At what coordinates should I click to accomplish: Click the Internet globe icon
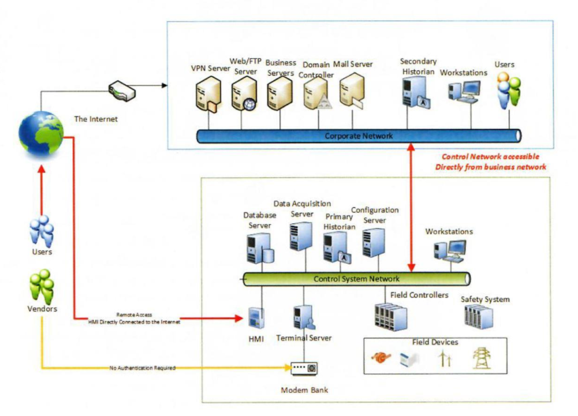41,133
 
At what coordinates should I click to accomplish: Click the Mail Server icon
352,92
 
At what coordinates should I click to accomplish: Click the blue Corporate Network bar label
358,136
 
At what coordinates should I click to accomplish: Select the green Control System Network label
356,279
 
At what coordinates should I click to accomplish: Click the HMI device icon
257,318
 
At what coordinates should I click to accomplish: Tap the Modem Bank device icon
304,369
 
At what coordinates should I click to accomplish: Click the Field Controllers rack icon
391,317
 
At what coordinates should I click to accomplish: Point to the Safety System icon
478,317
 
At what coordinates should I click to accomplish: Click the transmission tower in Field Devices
481,358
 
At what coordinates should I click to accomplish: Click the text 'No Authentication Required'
142,368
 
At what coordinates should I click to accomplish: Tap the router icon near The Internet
121,91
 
